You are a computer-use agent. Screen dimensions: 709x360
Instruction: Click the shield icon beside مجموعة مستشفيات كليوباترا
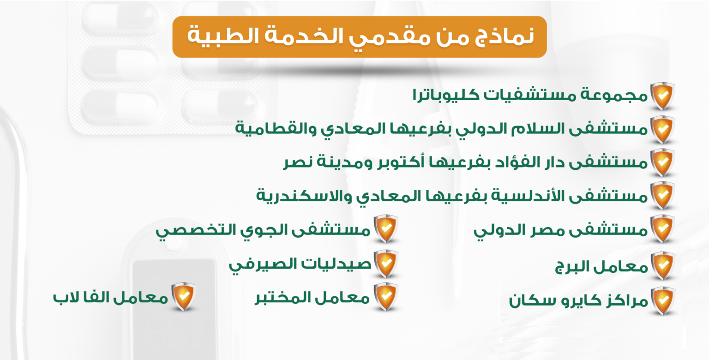(x=662, y=96)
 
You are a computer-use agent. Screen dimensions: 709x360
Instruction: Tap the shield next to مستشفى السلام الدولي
(x=662, y=130)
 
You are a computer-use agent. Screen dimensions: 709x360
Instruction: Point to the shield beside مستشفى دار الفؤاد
(x=662, y=162)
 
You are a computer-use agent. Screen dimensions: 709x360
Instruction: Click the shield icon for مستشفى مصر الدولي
(x=662, y=229)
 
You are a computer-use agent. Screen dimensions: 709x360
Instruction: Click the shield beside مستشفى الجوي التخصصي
(x=386, y=229)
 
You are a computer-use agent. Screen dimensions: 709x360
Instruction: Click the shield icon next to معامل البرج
(x=662, y=266)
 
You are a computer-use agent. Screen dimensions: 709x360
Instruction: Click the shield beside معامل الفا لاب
(x=184, y=296)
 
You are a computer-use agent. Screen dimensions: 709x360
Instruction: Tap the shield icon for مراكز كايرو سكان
(x=662, y=300)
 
